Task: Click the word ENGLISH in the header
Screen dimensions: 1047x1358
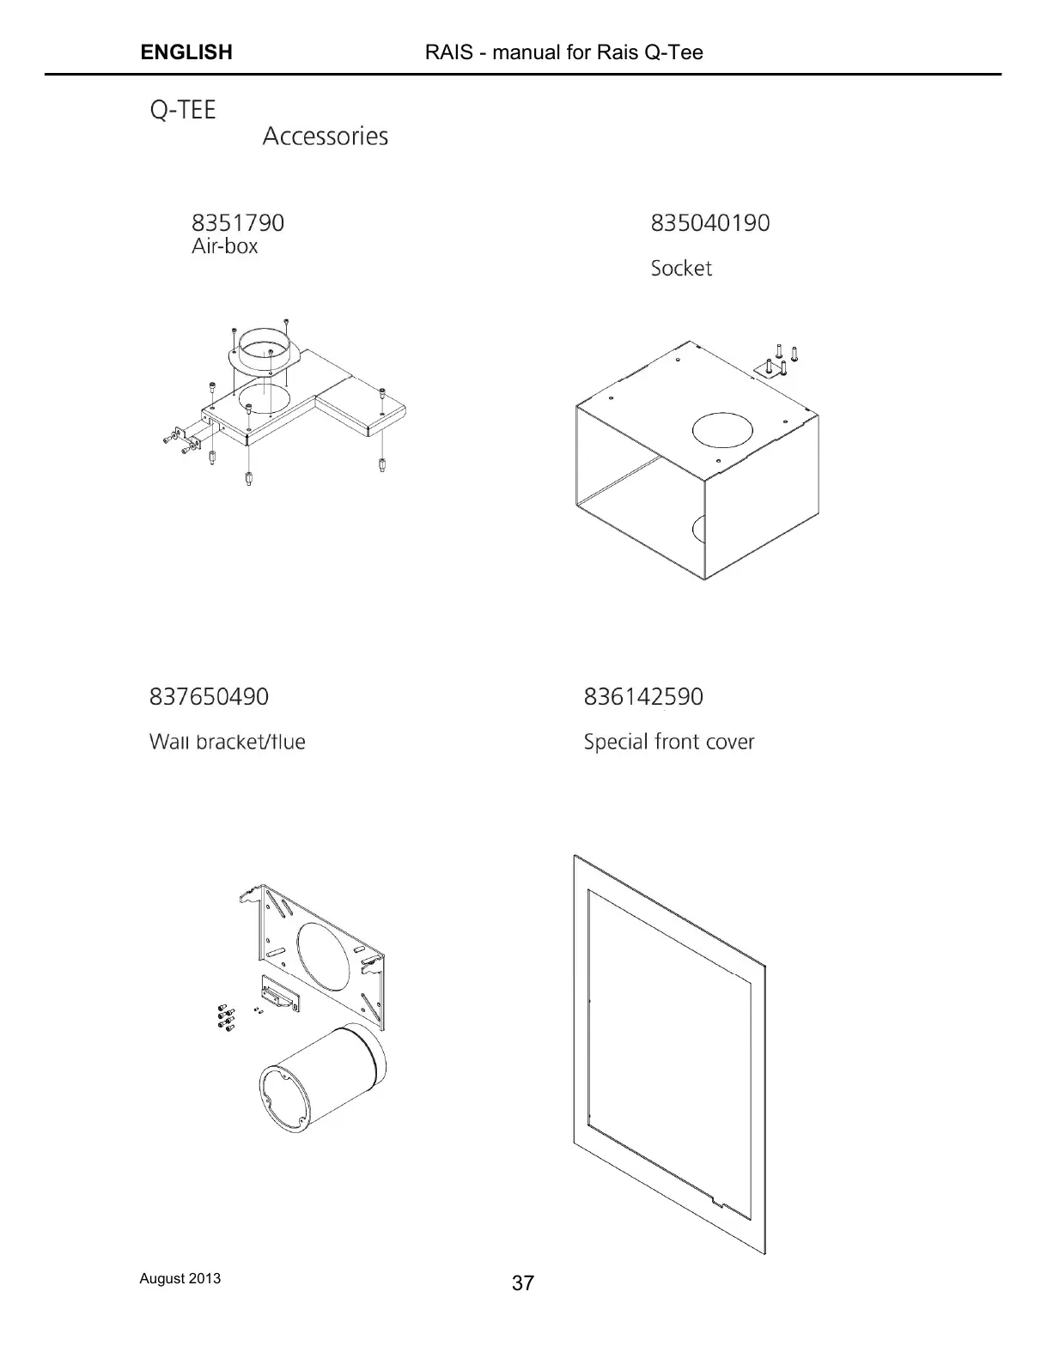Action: [x=186, y=52]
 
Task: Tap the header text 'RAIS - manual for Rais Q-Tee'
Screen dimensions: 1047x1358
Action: [x=563, y=52]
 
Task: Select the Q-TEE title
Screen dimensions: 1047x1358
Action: [x=183, y=110]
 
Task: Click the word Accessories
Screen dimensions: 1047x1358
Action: [x=325, y=136]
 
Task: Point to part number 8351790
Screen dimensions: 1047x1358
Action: [x=237, y=223]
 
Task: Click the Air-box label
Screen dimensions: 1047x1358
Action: [x=224, y=246]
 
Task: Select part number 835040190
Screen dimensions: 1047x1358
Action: [x=709, y=223]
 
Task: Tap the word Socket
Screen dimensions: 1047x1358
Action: [x=681, y=269]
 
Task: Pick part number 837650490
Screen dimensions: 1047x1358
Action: [x=209, y=697]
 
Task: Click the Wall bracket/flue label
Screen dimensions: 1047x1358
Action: [x=227, y=742]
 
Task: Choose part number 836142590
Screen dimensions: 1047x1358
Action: [x=642, y=697]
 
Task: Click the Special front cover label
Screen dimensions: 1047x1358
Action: [x=668, y=742]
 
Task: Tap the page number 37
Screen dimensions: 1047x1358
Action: [x=522, y=1283]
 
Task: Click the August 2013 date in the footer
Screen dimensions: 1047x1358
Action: [x=180, y=1278]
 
